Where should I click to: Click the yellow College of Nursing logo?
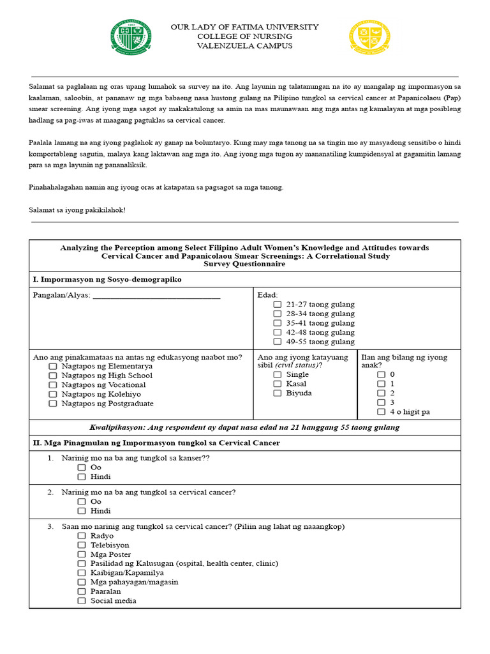tap(369, 38)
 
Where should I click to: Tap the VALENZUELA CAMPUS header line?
tap(244, 46)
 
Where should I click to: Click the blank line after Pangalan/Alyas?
tap(156, 296)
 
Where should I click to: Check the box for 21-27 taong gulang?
tap(277, 305)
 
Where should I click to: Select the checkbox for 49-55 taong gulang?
tap(277, 342)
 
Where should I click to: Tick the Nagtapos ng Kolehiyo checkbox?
tap(52, 395)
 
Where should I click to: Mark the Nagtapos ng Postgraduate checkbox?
tap(52, 404)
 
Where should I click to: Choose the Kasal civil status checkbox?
tap(277, 384)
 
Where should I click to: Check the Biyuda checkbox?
tap(277, 393)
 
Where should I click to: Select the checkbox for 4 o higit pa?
tap(381, 412)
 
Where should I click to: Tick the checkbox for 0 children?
tap(381, 375)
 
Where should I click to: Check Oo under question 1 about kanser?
tap(82, 468)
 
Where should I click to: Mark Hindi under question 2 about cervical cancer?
tap(82, 512)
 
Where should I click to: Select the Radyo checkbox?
tap(82, 536)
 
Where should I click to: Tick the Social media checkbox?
tap(82, 601)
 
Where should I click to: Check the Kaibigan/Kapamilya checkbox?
tap(82, 573)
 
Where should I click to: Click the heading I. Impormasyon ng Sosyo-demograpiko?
tap(107, 280)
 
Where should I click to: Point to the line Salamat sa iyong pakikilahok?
tap(77, 210)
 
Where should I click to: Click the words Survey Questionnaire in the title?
tap(244, 264)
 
